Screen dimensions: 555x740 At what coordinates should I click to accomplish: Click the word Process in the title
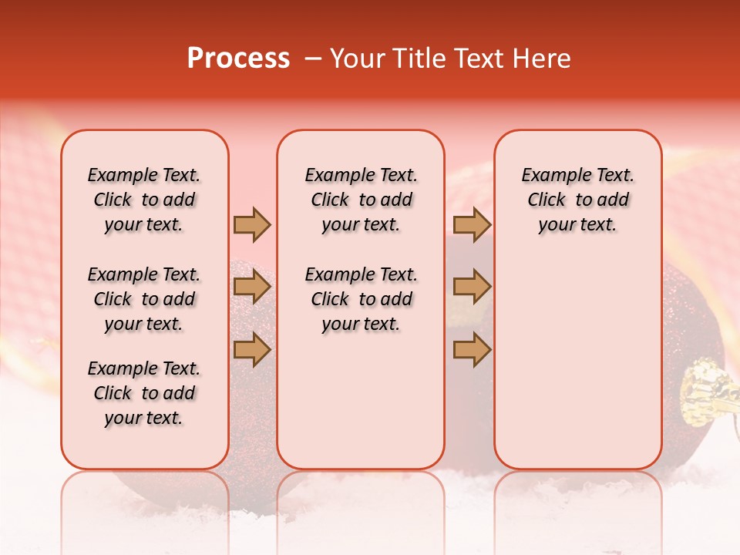coord(238,59)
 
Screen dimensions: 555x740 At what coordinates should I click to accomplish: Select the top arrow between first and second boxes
coord(251,224)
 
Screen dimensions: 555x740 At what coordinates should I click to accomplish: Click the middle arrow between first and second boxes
coord(251,287)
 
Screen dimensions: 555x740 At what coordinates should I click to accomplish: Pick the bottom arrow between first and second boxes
coord(251,350)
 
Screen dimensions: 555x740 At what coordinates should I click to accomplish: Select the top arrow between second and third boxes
coord(472,224)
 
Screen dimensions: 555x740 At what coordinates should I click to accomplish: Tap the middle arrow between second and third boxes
coord(472,287)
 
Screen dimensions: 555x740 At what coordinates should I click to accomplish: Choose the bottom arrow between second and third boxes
coord(472,350)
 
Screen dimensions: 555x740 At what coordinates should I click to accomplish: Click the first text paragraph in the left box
coord(144,200)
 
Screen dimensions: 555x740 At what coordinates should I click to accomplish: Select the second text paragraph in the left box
coord(144,299)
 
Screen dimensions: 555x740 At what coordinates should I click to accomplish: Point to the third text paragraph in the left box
coord(144,393)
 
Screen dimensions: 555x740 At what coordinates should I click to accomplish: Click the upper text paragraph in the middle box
coord(361,200)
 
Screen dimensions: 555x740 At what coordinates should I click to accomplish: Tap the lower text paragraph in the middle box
coord(361,299)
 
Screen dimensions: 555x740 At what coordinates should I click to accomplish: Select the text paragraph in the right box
coord(578,200)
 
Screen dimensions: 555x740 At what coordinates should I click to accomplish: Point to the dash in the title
coord(312,59)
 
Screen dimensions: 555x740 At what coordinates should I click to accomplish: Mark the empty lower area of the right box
coord(578,362)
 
